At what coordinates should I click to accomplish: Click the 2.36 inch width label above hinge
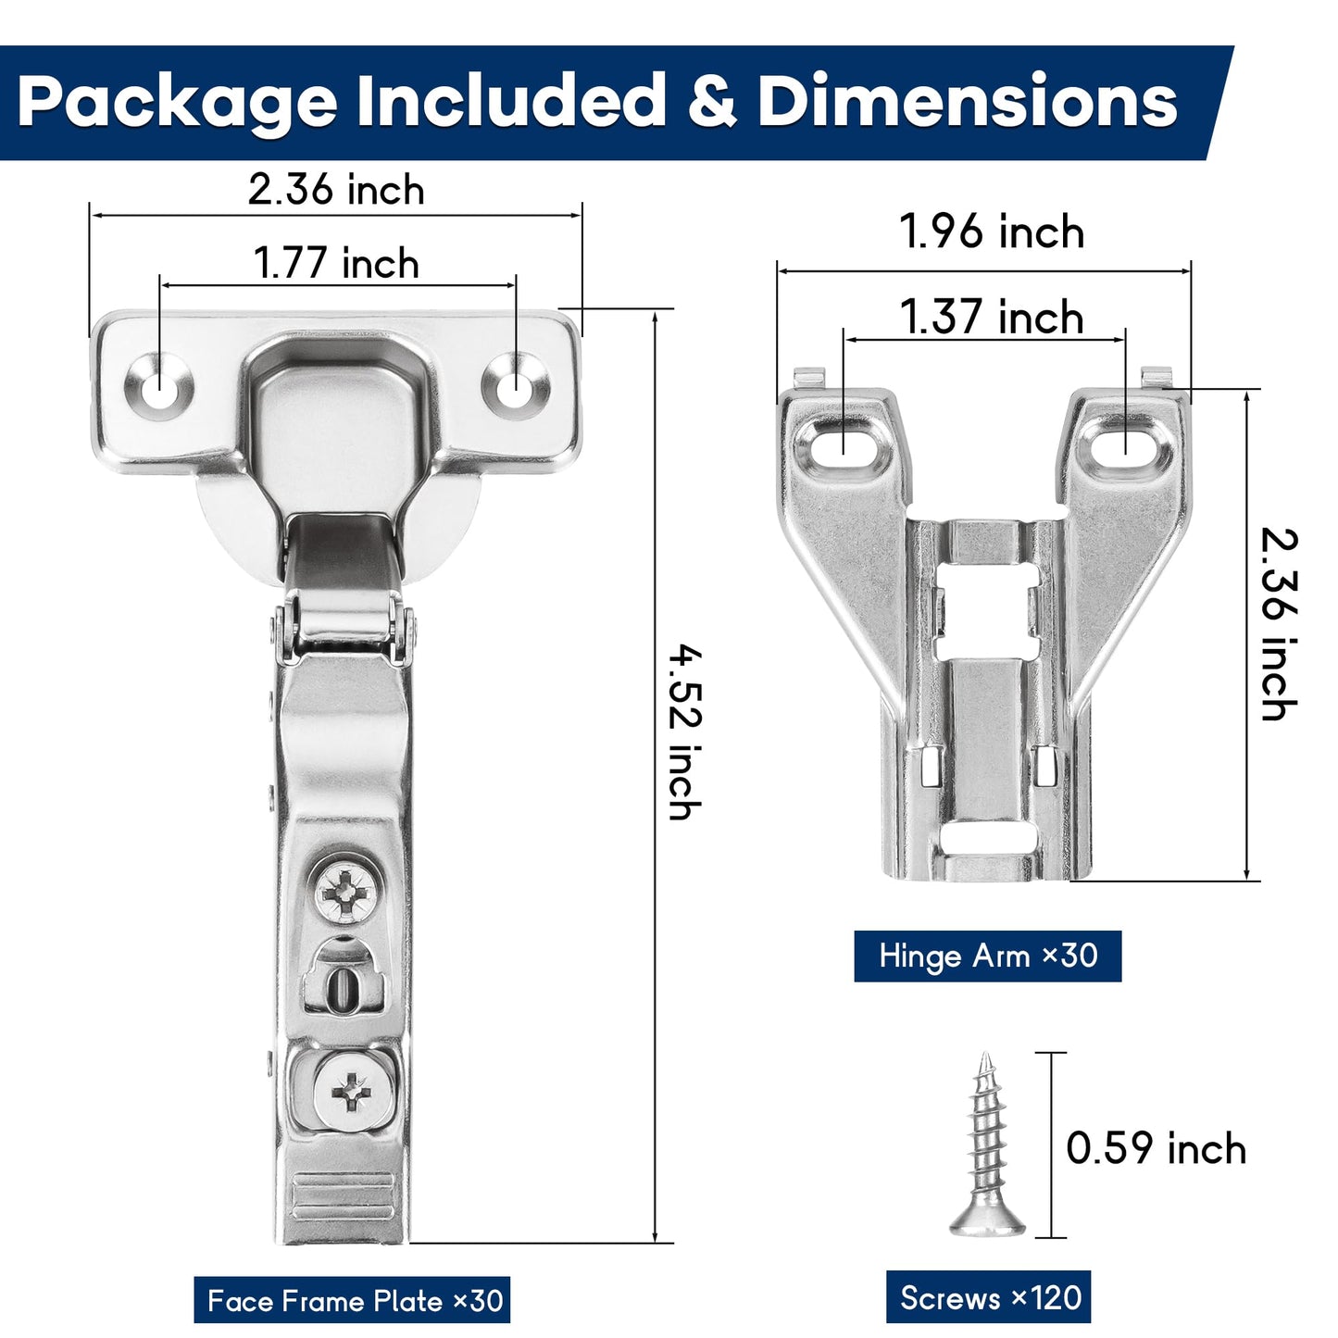tap(335, 190)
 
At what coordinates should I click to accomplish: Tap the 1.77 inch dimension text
tap(335, 263)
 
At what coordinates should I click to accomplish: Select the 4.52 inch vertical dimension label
tap(684, 732)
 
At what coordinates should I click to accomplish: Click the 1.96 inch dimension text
tap(991, 231)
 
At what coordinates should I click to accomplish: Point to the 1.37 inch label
tap(991, 318)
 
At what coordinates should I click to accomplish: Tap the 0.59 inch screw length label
tap(1155, 1148)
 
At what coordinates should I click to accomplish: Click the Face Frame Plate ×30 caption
tap(353, 1300)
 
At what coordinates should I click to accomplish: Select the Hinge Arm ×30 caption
tap(987, 956)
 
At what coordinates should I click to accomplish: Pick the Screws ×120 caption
tap(989, 1297)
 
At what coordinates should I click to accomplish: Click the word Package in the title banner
tap(177, 102)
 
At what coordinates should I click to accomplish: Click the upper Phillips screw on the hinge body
tap(346, 891)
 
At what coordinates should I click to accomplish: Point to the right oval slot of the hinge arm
tap(1123, 445)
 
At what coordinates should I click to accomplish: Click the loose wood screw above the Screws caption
tap(987, 1148)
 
